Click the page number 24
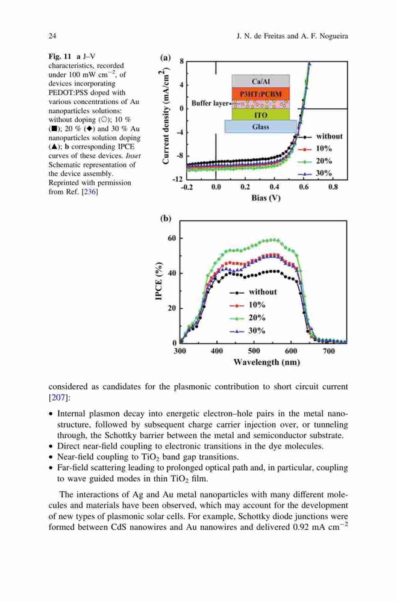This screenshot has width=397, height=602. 52,36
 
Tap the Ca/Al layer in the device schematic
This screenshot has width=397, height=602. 261,81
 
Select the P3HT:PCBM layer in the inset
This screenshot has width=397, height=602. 261,94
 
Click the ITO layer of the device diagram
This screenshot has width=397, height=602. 261,115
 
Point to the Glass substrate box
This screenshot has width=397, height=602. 261,126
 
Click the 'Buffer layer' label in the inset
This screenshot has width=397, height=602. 210,104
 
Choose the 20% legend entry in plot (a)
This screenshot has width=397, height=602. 315,161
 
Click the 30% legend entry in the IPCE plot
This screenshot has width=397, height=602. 248,331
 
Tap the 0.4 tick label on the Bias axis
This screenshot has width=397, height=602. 274,187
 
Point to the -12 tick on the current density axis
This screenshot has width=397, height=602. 177,179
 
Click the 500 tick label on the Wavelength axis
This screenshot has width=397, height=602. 254,351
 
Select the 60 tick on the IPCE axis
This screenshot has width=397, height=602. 172,238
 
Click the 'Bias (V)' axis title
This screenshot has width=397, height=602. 266,198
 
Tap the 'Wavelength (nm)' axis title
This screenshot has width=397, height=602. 267,362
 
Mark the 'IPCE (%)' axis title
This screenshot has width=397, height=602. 158,281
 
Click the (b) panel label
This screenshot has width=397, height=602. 166,219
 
